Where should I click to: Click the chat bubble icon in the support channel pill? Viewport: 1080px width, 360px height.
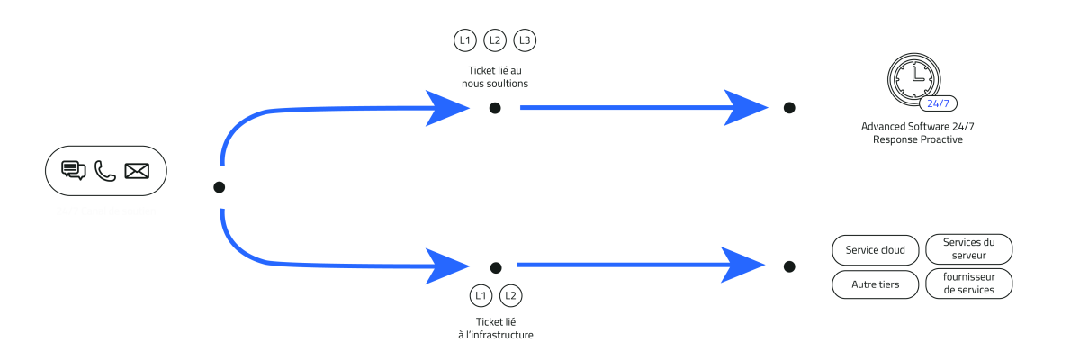pos(74,170)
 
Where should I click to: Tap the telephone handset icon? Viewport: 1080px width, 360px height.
pos(105,170)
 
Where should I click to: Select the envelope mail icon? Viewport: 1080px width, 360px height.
pos(137,170)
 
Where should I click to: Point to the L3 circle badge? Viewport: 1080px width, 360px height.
pos(525,40)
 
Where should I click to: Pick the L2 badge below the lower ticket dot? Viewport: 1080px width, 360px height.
pos(510,295)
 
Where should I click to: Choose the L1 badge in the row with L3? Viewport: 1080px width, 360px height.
pos(464,40)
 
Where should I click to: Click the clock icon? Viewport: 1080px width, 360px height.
pos(914,78)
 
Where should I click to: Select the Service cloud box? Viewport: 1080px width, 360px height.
pos(876,249)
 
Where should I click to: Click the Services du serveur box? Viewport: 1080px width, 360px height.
pos(969,249)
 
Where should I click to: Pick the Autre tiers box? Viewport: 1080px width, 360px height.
pos(876,284)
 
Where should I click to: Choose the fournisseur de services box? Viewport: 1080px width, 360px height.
pos(969,284)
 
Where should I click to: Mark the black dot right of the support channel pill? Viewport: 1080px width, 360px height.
pos(219,187)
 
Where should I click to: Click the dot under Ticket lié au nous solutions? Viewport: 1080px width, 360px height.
pos(495,108)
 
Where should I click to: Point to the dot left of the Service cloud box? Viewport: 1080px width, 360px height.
pos(789,266)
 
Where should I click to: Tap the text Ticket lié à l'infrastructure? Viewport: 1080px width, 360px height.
pos(495,328)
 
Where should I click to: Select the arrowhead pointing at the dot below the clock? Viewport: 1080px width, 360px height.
pos(747,108)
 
